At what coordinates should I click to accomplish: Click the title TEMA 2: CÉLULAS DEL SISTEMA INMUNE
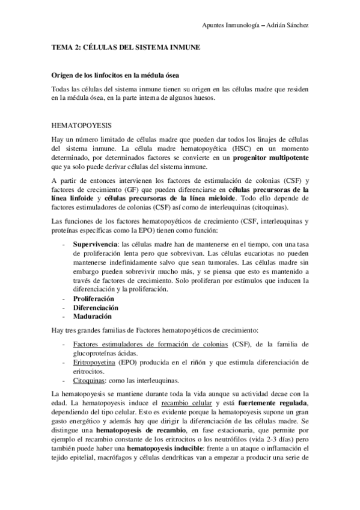coord(126,48)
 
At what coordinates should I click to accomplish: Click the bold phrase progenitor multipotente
coord(270,157)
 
